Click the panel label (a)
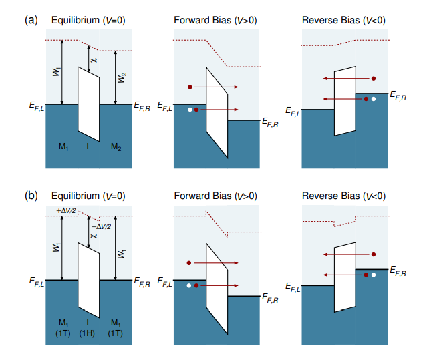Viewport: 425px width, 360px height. click(31, 20)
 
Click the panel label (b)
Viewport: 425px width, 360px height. click(31, 196)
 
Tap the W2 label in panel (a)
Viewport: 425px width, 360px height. click(121, 77)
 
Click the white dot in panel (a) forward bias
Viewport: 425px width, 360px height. click(190, 110)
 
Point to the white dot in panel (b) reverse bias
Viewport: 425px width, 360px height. click(374, 274)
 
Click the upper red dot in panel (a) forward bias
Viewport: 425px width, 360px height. click(190, 87)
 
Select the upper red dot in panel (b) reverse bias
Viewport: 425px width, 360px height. click(374, 254)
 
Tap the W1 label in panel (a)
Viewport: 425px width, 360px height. click(56, 72)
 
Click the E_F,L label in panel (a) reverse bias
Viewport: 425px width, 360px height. click(292, 111)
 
